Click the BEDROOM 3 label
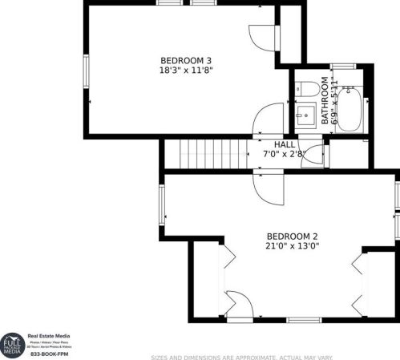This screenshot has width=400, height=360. coord(186,60)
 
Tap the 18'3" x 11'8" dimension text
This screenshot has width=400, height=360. coord(186,70)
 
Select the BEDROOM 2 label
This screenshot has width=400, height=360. coord(293,236)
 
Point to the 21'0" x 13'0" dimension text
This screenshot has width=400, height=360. coord(293,246)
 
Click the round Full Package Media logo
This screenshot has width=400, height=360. coord(12,343)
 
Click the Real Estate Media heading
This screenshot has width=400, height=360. coord(51,336)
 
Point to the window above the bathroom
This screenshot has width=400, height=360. coord(343,65)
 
